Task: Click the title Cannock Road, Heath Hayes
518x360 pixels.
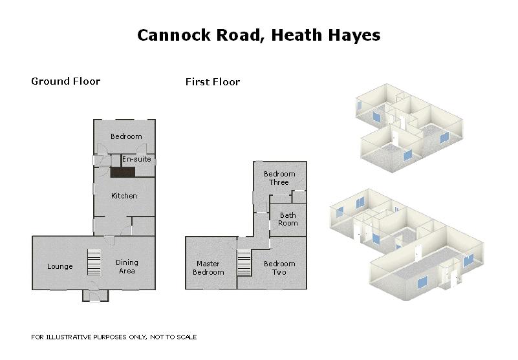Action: pos(259,35)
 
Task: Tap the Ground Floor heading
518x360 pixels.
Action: pos(65,81)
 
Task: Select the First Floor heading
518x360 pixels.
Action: pos(212,82)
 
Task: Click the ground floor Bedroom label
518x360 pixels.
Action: pos(125,136)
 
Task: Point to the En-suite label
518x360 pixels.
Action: pos(136,159)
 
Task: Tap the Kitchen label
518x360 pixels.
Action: pos(124,196)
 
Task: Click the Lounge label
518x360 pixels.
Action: pos(60,266)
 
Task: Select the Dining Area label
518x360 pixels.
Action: pos(127,266)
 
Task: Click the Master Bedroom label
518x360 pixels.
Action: pos(208,268)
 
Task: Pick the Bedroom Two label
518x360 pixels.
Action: pos(279,268)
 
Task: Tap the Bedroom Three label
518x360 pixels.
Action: pos(279,178)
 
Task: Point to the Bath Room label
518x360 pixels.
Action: pos(288,219)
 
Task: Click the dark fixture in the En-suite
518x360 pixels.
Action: pos(122,172)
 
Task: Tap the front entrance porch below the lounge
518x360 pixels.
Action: pos(95,295)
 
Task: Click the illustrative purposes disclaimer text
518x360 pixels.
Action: pos(114,337)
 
